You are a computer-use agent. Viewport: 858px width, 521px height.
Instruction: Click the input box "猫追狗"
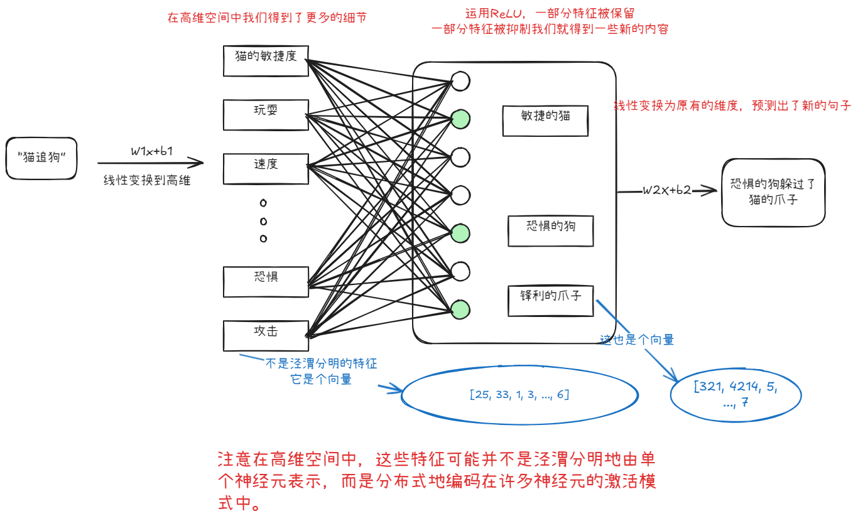(41, 157)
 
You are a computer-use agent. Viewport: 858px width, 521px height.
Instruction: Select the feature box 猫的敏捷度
(266, 60)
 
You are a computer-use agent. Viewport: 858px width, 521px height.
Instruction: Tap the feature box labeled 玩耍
(266, 115)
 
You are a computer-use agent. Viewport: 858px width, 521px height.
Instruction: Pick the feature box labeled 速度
(266, 168)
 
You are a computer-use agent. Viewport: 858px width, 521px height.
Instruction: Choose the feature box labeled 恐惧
(266, 282)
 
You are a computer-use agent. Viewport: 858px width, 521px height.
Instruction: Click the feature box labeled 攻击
(266, 335)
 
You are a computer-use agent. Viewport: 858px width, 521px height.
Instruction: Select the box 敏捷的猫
(545, 121)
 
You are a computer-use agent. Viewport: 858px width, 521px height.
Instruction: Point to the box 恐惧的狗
(550, 230)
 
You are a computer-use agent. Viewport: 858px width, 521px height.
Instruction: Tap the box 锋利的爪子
(550, 301)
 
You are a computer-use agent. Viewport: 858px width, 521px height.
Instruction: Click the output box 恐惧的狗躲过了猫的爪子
(773, 192)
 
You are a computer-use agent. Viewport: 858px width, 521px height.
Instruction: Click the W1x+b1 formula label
(152, 151)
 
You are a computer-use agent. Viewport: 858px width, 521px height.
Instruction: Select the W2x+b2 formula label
(666, 190)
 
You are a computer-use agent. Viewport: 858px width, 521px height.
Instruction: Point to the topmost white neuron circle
(460, 81)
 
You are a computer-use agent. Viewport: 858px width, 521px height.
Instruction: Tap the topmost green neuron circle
(460, 118)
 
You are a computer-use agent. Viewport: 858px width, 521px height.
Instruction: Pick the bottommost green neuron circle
(460, 309)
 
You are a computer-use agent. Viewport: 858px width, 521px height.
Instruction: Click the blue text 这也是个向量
(637, 340)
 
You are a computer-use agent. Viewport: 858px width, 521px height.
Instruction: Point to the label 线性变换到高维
(147, 181)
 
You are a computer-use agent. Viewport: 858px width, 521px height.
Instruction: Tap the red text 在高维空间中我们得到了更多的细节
(267, 18)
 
